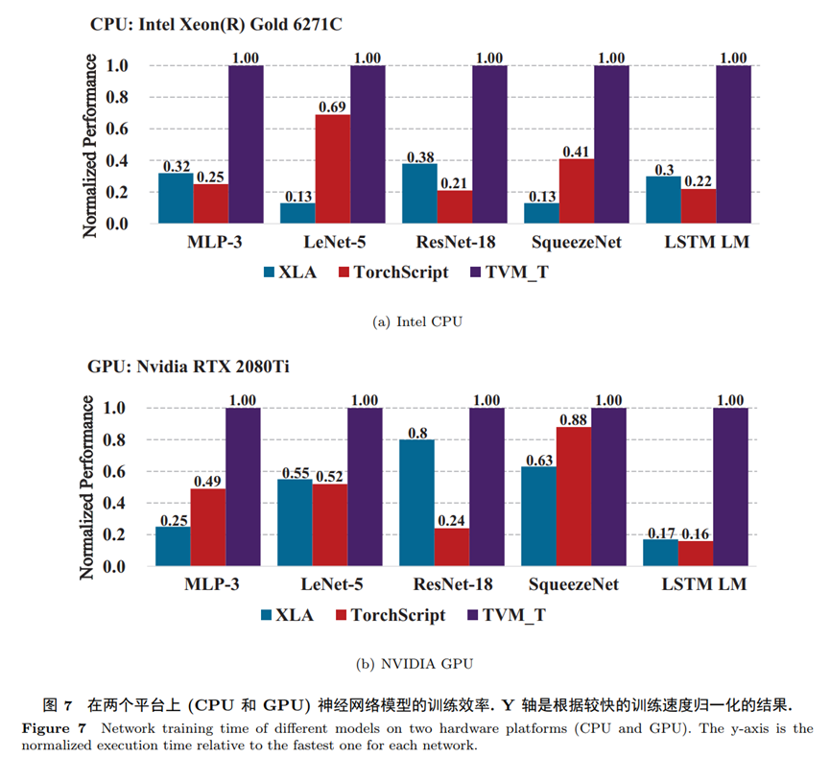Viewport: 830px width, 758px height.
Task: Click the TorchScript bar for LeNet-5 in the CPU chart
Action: [332, 169]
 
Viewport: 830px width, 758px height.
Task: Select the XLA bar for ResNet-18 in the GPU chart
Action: [416, 503]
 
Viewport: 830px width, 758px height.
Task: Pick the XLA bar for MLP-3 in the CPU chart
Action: [176, 198]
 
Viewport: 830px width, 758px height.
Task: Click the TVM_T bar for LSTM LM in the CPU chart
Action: [733, 144]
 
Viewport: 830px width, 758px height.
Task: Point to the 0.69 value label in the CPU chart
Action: [332, 107]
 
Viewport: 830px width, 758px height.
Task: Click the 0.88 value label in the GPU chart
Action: [573, 418]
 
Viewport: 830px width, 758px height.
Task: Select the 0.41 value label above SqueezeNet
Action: [577, 151]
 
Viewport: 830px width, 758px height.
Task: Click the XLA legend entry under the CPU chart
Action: [287, 272]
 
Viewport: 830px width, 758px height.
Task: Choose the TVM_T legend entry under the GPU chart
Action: [508, 614]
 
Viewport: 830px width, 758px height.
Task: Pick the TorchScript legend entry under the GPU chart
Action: [388, 614]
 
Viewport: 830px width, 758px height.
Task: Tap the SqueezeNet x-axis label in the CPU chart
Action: [577, 242]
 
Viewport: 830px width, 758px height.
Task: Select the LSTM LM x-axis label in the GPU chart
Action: [705, 584]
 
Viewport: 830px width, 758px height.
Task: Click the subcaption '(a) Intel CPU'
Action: [416, 321]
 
